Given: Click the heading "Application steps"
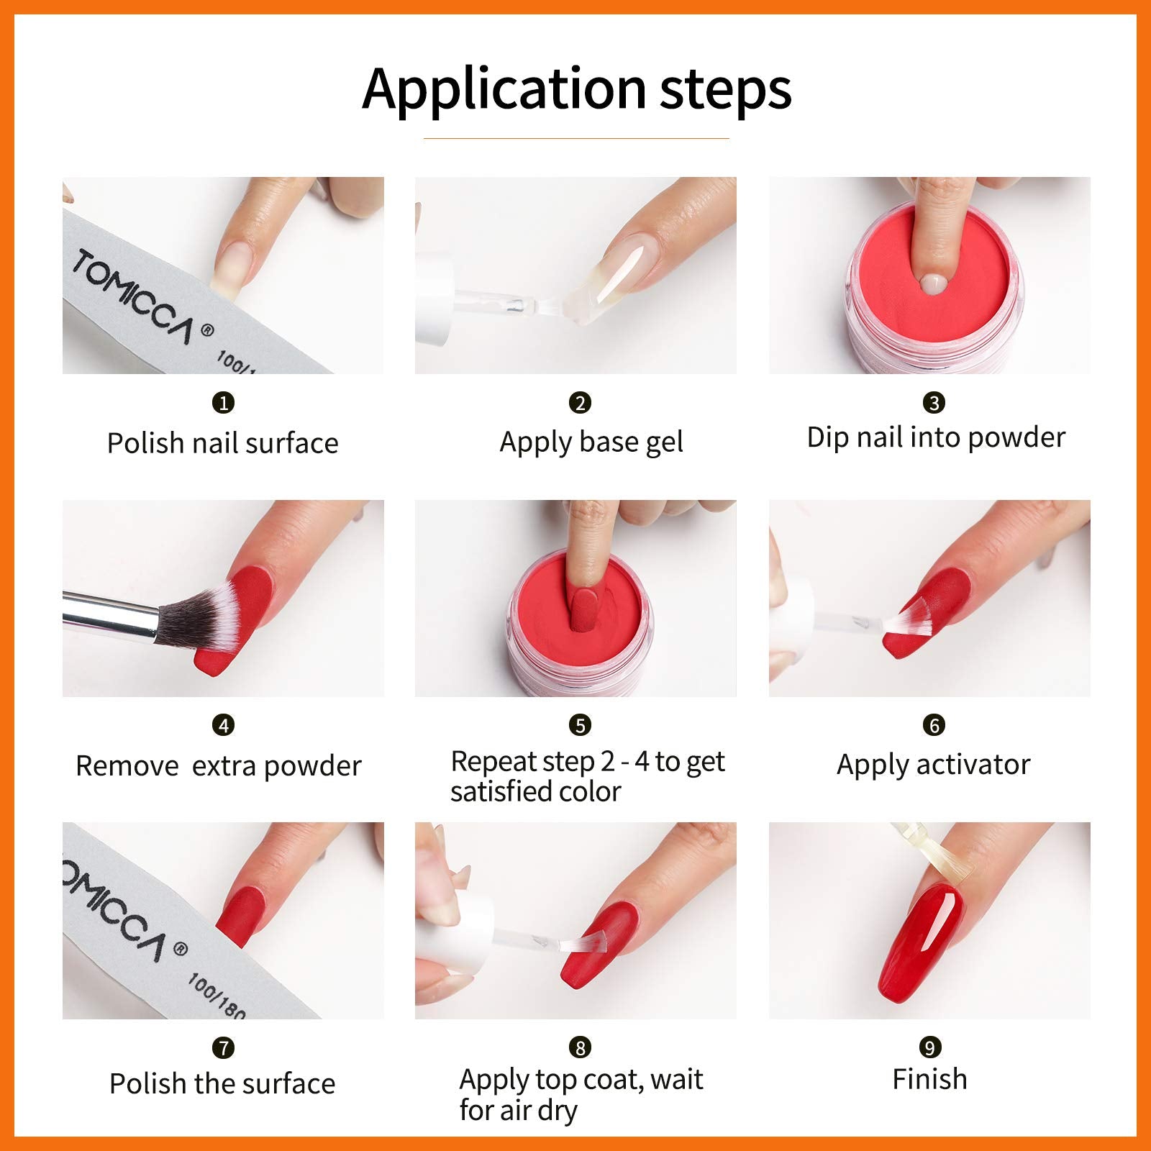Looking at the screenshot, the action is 577,90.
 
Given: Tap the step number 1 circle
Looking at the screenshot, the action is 224,403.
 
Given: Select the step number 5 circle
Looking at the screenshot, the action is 580,725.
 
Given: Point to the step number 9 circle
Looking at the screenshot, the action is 929,1047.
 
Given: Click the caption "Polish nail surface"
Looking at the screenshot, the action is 222,443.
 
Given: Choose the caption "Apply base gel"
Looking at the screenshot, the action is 591,442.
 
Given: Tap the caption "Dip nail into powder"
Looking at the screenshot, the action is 936,437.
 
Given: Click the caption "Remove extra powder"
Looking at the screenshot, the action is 219,766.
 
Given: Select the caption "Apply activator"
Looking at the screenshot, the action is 934,765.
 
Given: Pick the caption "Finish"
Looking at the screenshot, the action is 929,1079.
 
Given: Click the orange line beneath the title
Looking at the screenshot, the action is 576,138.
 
